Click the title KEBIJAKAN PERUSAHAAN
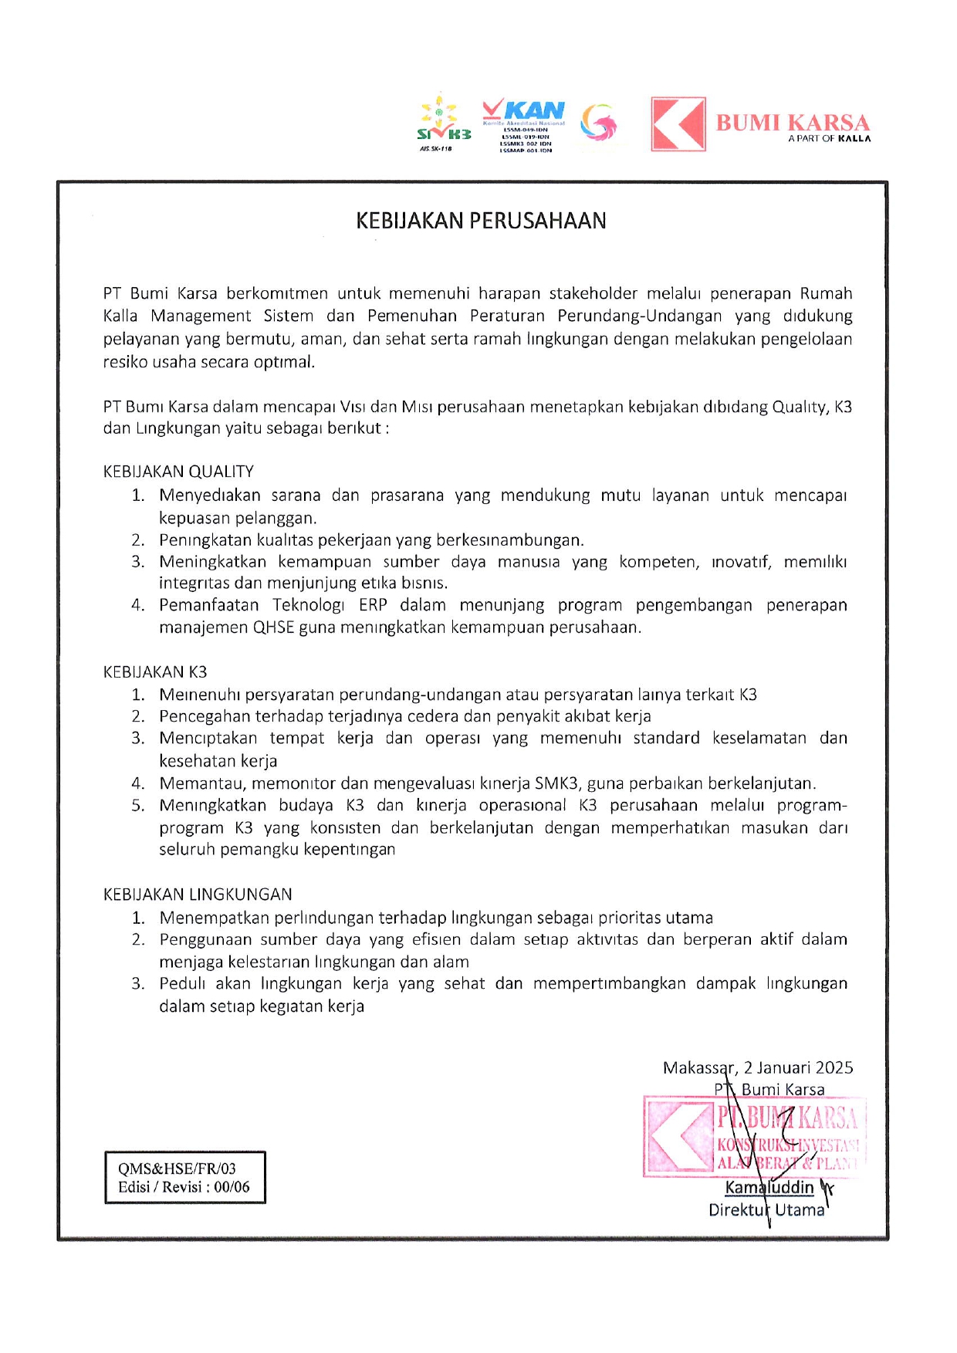pos(481,221)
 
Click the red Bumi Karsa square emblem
pos(678,123)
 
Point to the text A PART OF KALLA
pos(829,139)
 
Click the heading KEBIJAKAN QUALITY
pos(178,472)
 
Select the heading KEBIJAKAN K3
pos(155,671)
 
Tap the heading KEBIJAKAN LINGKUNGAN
pos(198,894)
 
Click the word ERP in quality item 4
pos(373,605)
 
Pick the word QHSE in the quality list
pos(273,627)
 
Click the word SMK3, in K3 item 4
pos(556,783)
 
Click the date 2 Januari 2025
pos(798,1067)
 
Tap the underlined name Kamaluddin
pos(769,1187)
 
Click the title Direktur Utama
pos(766,1209)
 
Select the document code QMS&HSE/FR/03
pos(177,1169)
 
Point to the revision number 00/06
pos(232,1187)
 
